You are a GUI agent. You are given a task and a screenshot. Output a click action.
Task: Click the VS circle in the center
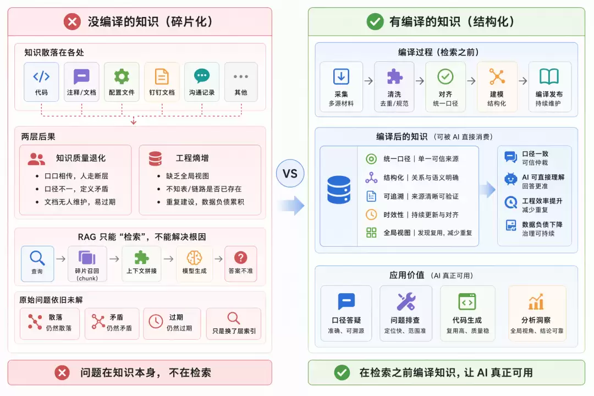[x=290, y=173]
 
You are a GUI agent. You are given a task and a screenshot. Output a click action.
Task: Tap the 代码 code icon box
[x=41, y=82]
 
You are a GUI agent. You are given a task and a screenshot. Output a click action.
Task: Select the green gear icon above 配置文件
[x=122, y=76]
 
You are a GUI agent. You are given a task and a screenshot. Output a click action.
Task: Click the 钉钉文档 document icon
[x=162, y=76]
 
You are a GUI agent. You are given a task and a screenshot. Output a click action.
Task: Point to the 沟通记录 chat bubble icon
[x=201, y=76]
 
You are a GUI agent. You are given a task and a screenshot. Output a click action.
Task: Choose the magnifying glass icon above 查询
[x=37, y=258]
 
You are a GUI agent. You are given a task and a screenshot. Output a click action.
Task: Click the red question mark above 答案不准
[x=240, y=258]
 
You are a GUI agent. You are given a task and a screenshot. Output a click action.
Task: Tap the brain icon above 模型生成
[x=194, y=258]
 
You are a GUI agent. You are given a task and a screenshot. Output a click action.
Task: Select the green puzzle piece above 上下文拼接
[x=142, y=257]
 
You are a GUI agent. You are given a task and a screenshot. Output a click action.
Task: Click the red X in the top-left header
[x=72, y=21]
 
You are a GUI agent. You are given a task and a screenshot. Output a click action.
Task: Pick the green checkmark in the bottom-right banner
[x=342, y=372]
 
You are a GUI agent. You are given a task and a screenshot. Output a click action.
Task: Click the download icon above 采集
[x=341, y=76]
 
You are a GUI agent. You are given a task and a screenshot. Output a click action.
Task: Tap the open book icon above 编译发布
[x=549, y=76]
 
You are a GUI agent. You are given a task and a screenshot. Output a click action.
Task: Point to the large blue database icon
[x=339, y=190]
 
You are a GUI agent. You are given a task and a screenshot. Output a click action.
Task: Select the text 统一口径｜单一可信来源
[x=421, y=159]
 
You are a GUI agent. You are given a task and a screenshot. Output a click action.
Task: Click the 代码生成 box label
[x=467, y=320]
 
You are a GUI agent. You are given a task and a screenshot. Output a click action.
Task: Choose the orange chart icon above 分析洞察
[x=536, y=302]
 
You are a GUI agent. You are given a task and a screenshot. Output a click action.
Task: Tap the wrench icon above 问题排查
[x=406, y=301]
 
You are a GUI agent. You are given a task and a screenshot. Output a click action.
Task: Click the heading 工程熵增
[x=192, y=158]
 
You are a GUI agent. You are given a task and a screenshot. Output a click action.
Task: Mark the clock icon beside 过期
[x=156, y=321]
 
